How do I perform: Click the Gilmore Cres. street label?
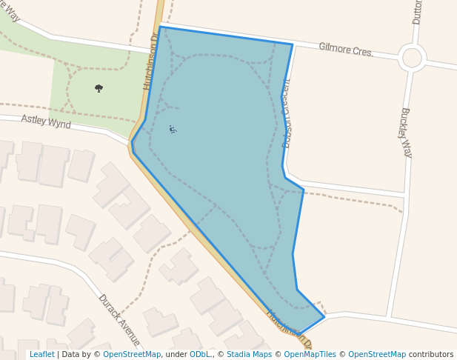pos(346,50)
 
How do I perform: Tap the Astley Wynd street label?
pos(46,121)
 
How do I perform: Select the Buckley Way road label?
pos(405,132)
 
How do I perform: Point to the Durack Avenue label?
pos(119,319)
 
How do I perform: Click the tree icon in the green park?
pos(99,88)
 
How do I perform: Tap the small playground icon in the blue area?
pos(173,130)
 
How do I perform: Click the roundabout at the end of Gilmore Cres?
pos(412,58)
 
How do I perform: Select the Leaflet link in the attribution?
pos(41,355)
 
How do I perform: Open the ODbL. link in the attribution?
pos(200,355)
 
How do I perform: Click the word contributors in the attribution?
pos(431,355)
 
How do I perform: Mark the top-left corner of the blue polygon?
pos(160,27)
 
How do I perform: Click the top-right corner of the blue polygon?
pos(292,44)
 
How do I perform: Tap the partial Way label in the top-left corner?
pos(10,11)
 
